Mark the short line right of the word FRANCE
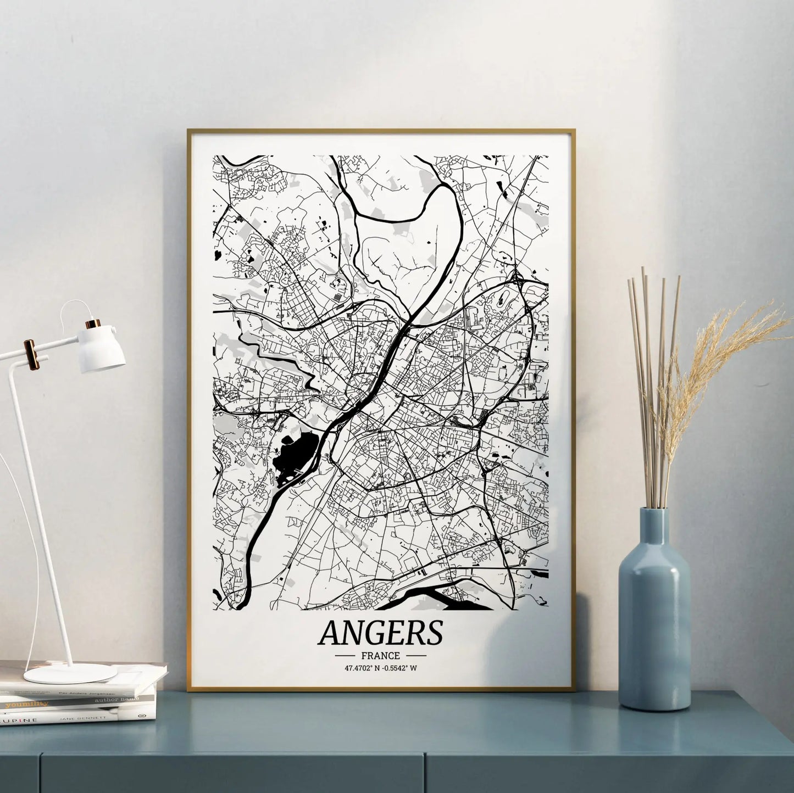[415, 656]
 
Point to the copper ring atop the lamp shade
[95, 323]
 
